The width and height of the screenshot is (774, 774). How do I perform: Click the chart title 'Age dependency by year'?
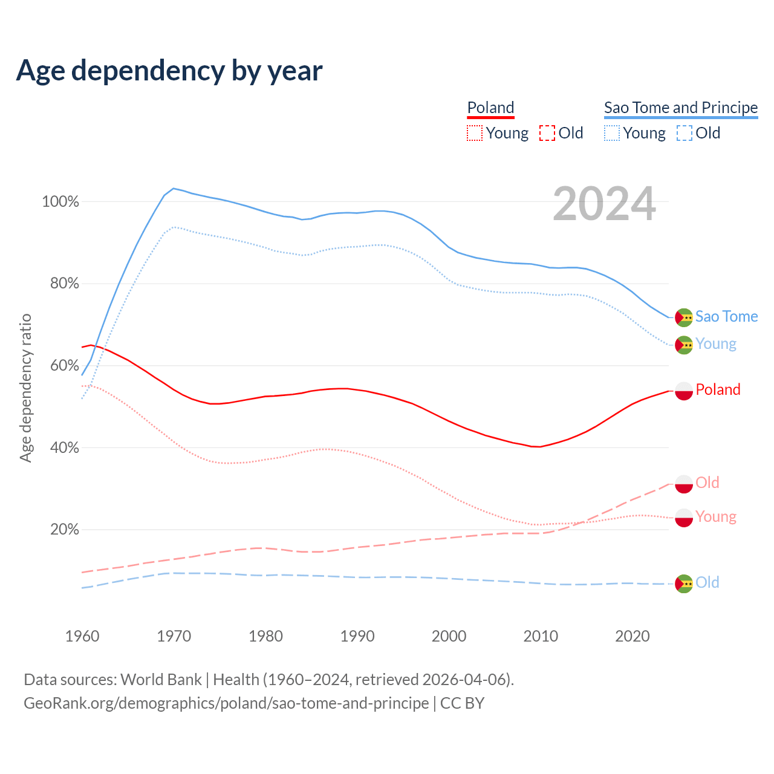tap(169, 71)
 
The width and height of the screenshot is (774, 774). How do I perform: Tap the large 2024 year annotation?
tap(604, 204)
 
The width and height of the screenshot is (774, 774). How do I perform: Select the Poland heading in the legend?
tap(490, 108)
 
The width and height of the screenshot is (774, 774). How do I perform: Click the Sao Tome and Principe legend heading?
tap(681, 108)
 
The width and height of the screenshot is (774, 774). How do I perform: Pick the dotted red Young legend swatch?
tap(475, 133)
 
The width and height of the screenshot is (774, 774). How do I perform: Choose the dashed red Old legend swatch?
tap(547, 133)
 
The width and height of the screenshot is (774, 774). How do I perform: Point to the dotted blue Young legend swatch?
tap(612, 133)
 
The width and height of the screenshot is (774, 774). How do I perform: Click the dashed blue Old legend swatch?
tap(685, 133)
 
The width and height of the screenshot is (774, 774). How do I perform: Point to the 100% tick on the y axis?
tap(60, 202)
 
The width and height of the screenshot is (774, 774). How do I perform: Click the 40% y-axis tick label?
tap(64, 448)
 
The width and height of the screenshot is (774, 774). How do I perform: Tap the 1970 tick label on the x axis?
tap(174, 636)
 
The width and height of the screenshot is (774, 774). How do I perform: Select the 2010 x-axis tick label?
tap(541, 636)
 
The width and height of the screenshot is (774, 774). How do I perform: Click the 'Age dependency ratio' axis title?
tap(25, 388)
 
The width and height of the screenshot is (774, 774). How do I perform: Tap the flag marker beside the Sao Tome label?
tap(684, 317)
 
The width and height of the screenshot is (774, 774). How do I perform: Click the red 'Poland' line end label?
tap(718, 389)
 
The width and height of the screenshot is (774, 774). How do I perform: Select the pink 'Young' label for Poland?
tap(716, 516)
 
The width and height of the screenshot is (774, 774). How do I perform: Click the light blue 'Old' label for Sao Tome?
tap(707, 582)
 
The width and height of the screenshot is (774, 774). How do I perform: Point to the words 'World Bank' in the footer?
tap(161, 680)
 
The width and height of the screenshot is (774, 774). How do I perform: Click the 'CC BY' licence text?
tap(463, 703)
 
